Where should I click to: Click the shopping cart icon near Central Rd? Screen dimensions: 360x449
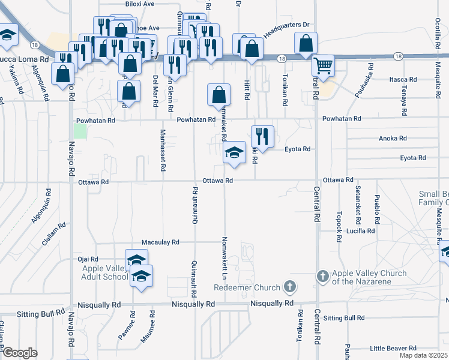pyautogui.click(x=324, y=66)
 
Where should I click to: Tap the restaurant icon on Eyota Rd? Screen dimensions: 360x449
pyautogui.click(x=262, y=136)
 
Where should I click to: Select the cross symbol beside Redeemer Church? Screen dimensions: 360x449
pyautogui.click(x=290, y=287)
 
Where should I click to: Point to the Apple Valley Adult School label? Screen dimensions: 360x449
pyautogui.click(x=105, y=272)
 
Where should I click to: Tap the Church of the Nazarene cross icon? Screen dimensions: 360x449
pyautogui.click(x=322, y=276)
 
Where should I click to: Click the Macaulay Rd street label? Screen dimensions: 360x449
pyautogui.click(x=160, y=242)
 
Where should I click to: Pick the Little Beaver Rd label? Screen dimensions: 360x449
pyautogui.click(x=393, y=348)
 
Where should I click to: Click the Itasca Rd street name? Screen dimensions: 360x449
pyautogui.click(x=403, y=79)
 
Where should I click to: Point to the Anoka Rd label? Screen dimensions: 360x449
pyautogui.click(x=393, y=138)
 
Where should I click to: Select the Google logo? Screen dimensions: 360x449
pyautogui.click(x=20, y=353)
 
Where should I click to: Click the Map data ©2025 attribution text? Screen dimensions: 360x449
pyautogui.click(x=424, y=355)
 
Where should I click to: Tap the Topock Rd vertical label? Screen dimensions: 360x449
pyautogui.click(x=339, y=226)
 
